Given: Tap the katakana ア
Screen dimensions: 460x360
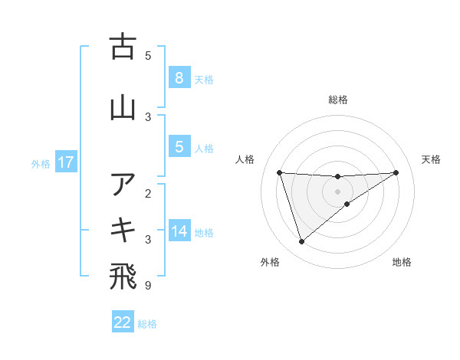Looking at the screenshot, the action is click(123, 184).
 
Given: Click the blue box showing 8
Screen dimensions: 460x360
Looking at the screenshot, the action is click(179, 78).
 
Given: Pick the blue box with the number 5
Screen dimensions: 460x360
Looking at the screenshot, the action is click(179, 147).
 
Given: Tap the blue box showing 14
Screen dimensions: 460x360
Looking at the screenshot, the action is click(179, 231).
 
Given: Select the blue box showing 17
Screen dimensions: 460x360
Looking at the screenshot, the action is click(65, 162).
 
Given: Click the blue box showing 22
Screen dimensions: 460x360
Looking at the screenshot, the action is click(123, 322).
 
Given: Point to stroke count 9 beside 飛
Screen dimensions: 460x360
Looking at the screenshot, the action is click(148, 286).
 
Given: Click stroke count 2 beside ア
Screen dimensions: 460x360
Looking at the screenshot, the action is click(148, 193).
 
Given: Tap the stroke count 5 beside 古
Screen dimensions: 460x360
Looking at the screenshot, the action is click(148, 55).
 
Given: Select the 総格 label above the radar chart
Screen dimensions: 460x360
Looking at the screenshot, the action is click(338, 100).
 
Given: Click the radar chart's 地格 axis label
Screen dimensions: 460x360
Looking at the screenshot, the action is click(402, 263).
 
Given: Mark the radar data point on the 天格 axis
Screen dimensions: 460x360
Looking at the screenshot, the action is click(396, 172).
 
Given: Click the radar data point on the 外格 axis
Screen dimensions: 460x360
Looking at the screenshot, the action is click(301, 242).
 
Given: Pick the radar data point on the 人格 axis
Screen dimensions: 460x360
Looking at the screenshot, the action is click(279, 172).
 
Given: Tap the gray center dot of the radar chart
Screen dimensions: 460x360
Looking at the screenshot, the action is click(338, 191).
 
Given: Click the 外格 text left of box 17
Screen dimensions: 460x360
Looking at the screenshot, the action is click(40, 163).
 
